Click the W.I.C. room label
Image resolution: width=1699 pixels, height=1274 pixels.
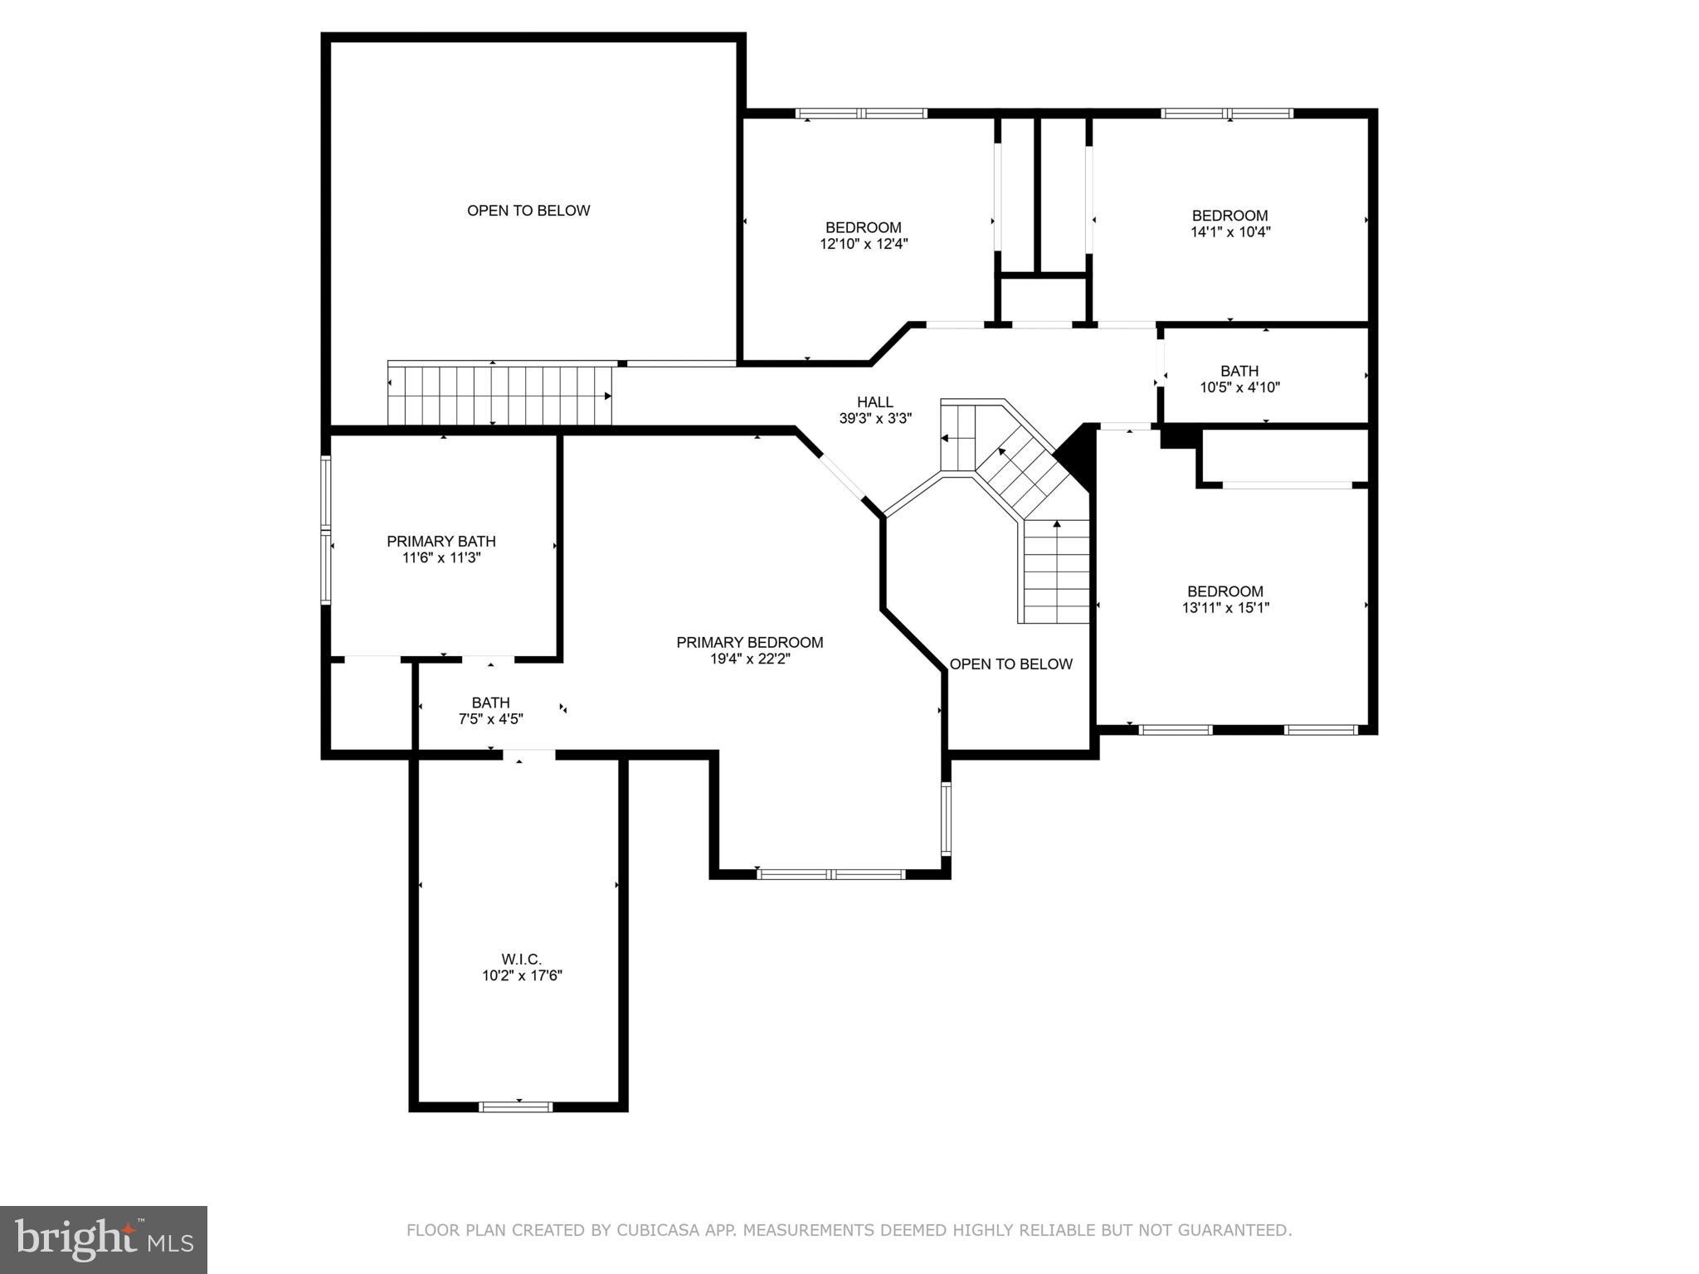(x=521, y=959)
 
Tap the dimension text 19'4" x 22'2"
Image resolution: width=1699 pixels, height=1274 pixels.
(x=749, y=659)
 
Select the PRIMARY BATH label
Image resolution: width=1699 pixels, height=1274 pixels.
(x=441, y=541)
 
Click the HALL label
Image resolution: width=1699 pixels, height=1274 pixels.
(x=875, y=402)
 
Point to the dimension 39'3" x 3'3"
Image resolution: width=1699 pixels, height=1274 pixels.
(x=875, y=419)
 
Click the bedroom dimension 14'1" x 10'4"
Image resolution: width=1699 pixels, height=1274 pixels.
(x=1230, y=232)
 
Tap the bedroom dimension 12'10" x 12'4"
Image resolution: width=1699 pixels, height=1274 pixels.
(x=863, y=244)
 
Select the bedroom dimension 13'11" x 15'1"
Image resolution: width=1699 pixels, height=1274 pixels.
(x=1225, y=608)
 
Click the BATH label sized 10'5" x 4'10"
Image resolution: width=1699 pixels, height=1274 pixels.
(x=1239, y=371)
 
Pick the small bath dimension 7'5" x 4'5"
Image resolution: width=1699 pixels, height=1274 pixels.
(x=490, y=719)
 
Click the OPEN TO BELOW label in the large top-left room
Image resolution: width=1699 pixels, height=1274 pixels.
(x=528, y=211)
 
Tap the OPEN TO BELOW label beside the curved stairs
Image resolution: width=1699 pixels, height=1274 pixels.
(x=1010, y=664)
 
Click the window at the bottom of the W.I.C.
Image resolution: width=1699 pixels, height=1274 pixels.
(x=515, y=1106)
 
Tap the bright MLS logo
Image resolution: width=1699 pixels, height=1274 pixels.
(x=103, y=1239)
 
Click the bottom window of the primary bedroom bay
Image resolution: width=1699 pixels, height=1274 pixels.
(x=830, y=873)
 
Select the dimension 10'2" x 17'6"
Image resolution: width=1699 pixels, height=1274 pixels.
(x=522, y=976)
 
